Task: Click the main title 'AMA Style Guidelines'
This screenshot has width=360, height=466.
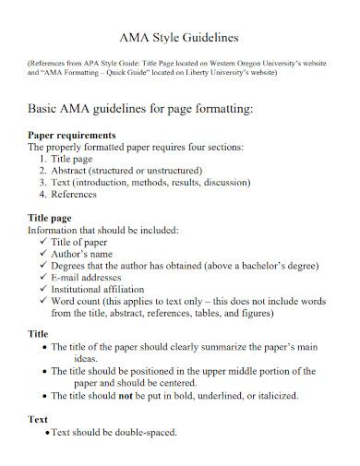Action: click(x=180, y=38)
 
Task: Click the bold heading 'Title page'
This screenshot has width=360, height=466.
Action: click(x=54, y=219)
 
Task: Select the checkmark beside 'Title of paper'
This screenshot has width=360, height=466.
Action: click(x=44, y=242)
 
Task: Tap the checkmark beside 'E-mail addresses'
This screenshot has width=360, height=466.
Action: click(x=44, y=277)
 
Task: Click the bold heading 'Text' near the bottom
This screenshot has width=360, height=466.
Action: click(x=39, y=420)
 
